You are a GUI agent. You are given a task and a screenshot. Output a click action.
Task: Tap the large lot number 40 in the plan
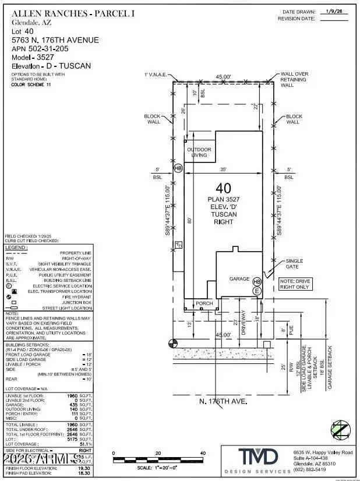(224, 188)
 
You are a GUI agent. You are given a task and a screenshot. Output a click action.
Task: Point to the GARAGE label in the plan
(239, 279)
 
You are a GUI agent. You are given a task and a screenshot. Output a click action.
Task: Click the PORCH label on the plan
(204, 303)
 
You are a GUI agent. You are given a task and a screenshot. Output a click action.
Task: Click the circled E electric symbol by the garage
(255, 290)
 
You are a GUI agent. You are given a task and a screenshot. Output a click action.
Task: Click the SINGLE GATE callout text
(295, 264)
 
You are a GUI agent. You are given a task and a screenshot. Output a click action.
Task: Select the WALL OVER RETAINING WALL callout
(294, 79)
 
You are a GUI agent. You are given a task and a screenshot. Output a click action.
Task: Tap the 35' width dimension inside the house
(224, 169)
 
